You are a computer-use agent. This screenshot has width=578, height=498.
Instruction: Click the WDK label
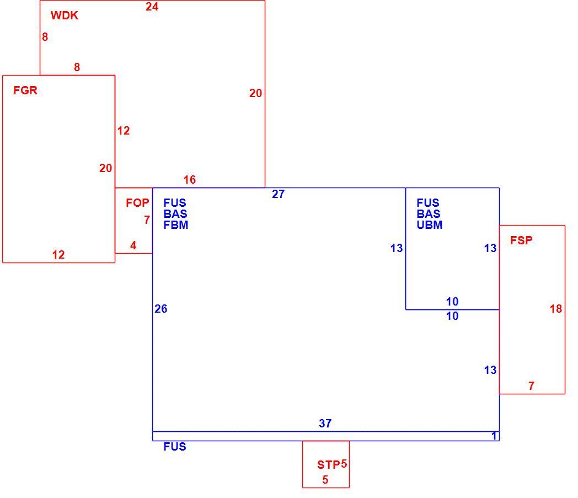click(x=65, y=15)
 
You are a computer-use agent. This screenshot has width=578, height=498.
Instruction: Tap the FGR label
click(x=25, y=90)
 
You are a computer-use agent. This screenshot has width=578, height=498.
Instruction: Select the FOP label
click(x=137, y=203)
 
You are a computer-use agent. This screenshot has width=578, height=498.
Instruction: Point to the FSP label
click(x=521, y=240)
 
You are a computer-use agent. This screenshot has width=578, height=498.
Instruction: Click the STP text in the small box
click(x=329, y=465)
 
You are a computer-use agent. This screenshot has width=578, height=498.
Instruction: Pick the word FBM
click(x=176, y=225)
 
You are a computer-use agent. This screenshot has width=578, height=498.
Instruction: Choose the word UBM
click(x=430, y=225)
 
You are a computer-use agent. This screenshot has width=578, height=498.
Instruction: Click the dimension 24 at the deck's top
click(x=152, y=7)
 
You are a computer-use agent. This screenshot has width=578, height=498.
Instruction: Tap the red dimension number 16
click(x=190, y=180)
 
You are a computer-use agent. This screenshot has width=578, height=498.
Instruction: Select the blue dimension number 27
click(x=279, y=194)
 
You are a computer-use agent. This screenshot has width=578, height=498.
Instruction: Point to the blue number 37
click(x=325, y=424)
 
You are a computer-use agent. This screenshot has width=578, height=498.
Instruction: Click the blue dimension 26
click(x=160, y=309)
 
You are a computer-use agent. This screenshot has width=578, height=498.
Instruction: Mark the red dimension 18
click(x=556, y=309)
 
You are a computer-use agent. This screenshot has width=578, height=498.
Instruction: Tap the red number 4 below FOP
click(x=133, y=245)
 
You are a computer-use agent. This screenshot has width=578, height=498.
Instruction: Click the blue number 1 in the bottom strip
click(x=494, y=436)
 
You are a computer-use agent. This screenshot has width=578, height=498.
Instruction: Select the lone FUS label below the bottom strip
click(x=175, y=447)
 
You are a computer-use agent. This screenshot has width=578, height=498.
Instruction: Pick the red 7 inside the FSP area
click(x=531, y=386)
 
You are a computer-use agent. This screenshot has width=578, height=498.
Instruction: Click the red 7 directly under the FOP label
click(x=147, y=220)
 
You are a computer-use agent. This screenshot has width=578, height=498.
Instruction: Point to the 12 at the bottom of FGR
click(x=58, y=255)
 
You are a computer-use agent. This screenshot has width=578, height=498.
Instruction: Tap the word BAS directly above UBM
click(x=429, y=214)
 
